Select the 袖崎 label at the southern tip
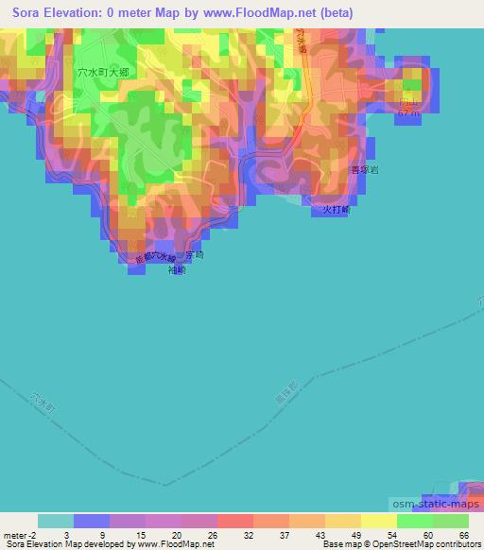click(177, 270)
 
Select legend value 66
click(463, 535)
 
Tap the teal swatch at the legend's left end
click(56, 521)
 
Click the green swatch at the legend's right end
click(451, 521)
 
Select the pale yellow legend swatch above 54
click(378, 521)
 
